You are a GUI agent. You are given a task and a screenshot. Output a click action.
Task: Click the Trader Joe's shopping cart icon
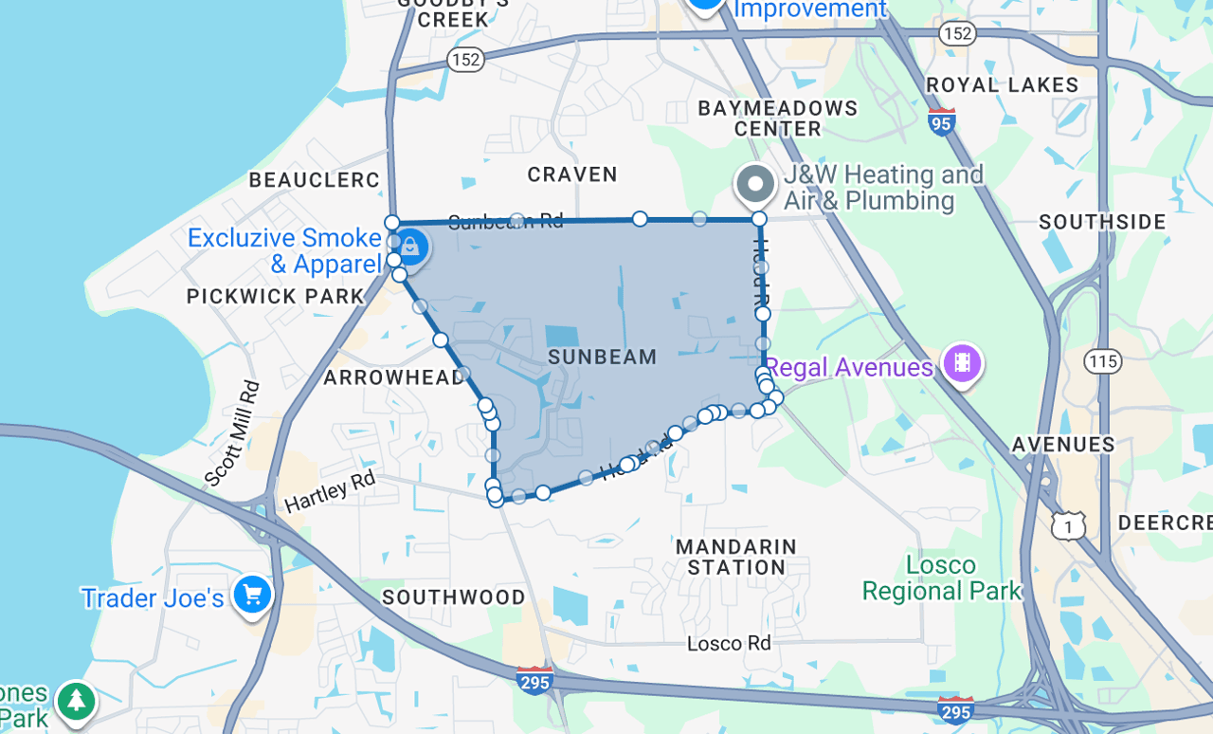click(x=252, y=596)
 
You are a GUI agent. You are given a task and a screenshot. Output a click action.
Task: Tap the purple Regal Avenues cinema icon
click(x=962, y=363)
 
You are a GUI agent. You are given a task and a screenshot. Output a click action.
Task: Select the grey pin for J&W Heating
click(x=755, y=183)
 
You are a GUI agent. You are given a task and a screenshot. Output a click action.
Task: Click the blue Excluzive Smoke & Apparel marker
click(x=410, y=248)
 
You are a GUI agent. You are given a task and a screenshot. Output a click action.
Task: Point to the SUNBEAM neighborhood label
click(x=603, y=358)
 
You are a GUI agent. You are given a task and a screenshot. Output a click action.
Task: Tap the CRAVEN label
click(x=572, y=174)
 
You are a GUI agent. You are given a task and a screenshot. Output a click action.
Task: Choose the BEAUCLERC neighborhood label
click(x=314, y=180)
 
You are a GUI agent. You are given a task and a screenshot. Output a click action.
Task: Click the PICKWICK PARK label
click(x=276, y=297)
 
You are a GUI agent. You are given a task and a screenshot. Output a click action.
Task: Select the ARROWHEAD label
click(x=395, y=377)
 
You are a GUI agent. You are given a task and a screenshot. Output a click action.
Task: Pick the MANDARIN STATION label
click(x=736, y=557)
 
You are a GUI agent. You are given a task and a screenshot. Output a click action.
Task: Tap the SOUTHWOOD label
click(x=454, y=597)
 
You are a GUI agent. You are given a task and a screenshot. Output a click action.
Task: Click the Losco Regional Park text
click(x=942, y=578)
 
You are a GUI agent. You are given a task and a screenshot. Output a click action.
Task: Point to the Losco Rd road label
click(x=728, y=643)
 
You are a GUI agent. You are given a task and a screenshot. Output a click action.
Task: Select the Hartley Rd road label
click(x=330, y=491)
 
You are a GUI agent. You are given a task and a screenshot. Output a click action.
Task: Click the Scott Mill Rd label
click(x=233, y=433)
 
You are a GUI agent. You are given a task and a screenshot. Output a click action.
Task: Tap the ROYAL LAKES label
click(x=1002, y=85)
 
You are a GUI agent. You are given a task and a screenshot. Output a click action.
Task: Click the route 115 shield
click(x=1104, y=361)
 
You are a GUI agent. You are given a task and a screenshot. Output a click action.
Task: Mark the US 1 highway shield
click(x=1068, y=524)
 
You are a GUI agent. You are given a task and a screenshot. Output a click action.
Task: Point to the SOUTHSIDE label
click(x=1102, y=223)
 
